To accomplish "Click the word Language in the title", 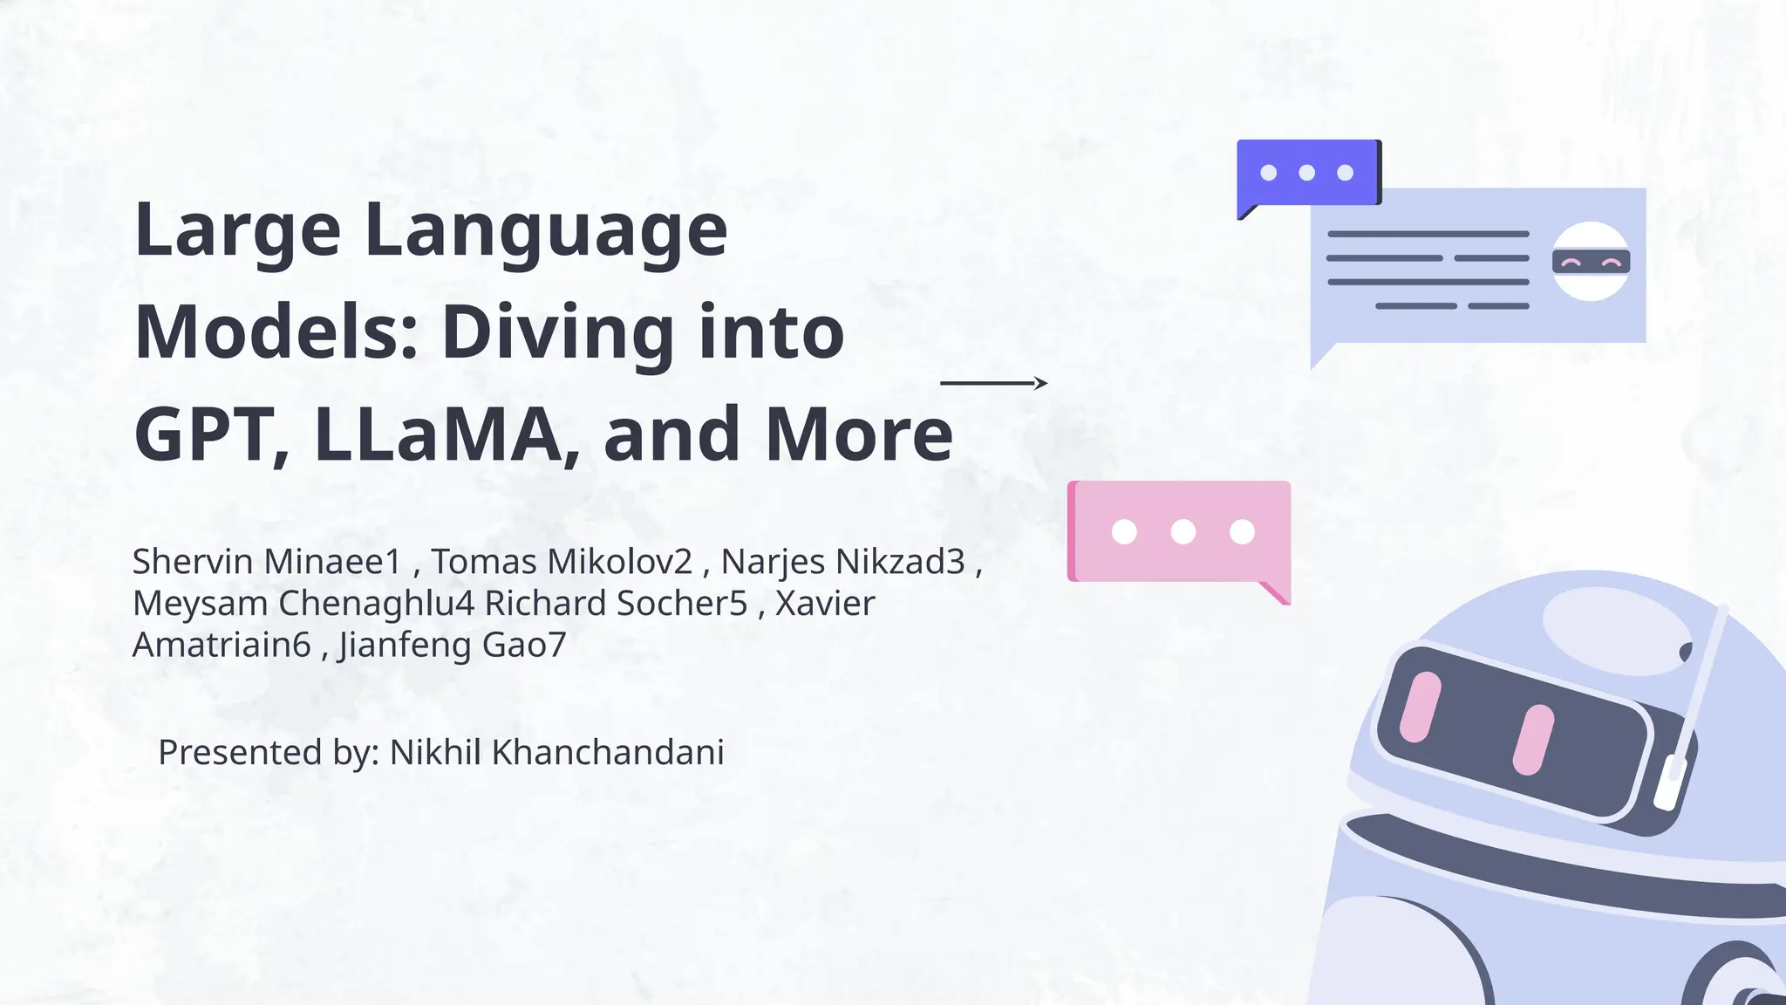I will pos(545,230).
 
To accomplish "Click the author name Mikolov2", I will pos(620,562).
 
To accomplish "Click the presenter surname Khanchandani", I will pos(608,752).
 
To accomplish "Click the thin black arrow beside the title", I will pos(993,383).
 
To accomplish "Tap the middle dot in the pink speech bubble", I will pos(1183,531).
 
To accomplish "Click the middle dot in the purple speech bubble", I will pos(1306,173).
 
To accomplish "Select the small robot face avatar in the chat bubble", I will pos(1591,262).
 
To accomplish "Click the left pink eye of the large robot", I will pos(1420,707).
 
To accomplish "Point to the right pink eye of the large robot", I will pos(1533,740).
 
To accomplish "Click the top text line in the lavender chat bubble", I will pos(1428,235).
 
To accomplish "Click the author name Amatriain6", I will pos(222,646).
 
